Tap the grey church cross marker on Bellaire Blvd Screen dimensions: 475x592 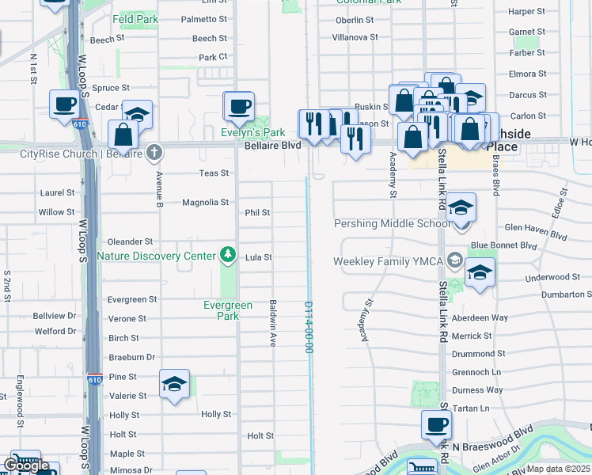coord(154,150)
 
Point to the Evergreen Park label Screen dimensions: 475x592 coord(227,310)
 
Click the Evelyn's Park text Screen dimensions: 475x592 coord(252,132)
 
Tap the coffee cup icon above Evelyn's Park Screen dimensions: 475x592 coord(239,106)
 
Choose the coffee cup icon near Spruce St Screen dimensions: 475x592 coord(64,104)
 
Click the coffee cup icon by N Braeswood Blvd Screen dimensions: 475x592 coord(436,425)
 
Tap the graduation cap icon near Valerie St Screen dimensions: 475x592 coord(174,385)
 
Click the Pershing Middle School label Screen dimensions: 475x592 coord(393,224)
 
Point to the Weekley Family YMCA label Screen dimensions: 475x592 coord(388,260)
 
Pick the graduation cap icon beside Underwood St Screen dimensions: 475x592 coord(480,273)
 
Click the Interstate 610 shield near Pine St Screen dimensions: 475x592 coord(94,380)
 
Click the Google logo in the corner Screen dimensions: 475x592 coord(26,465)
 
